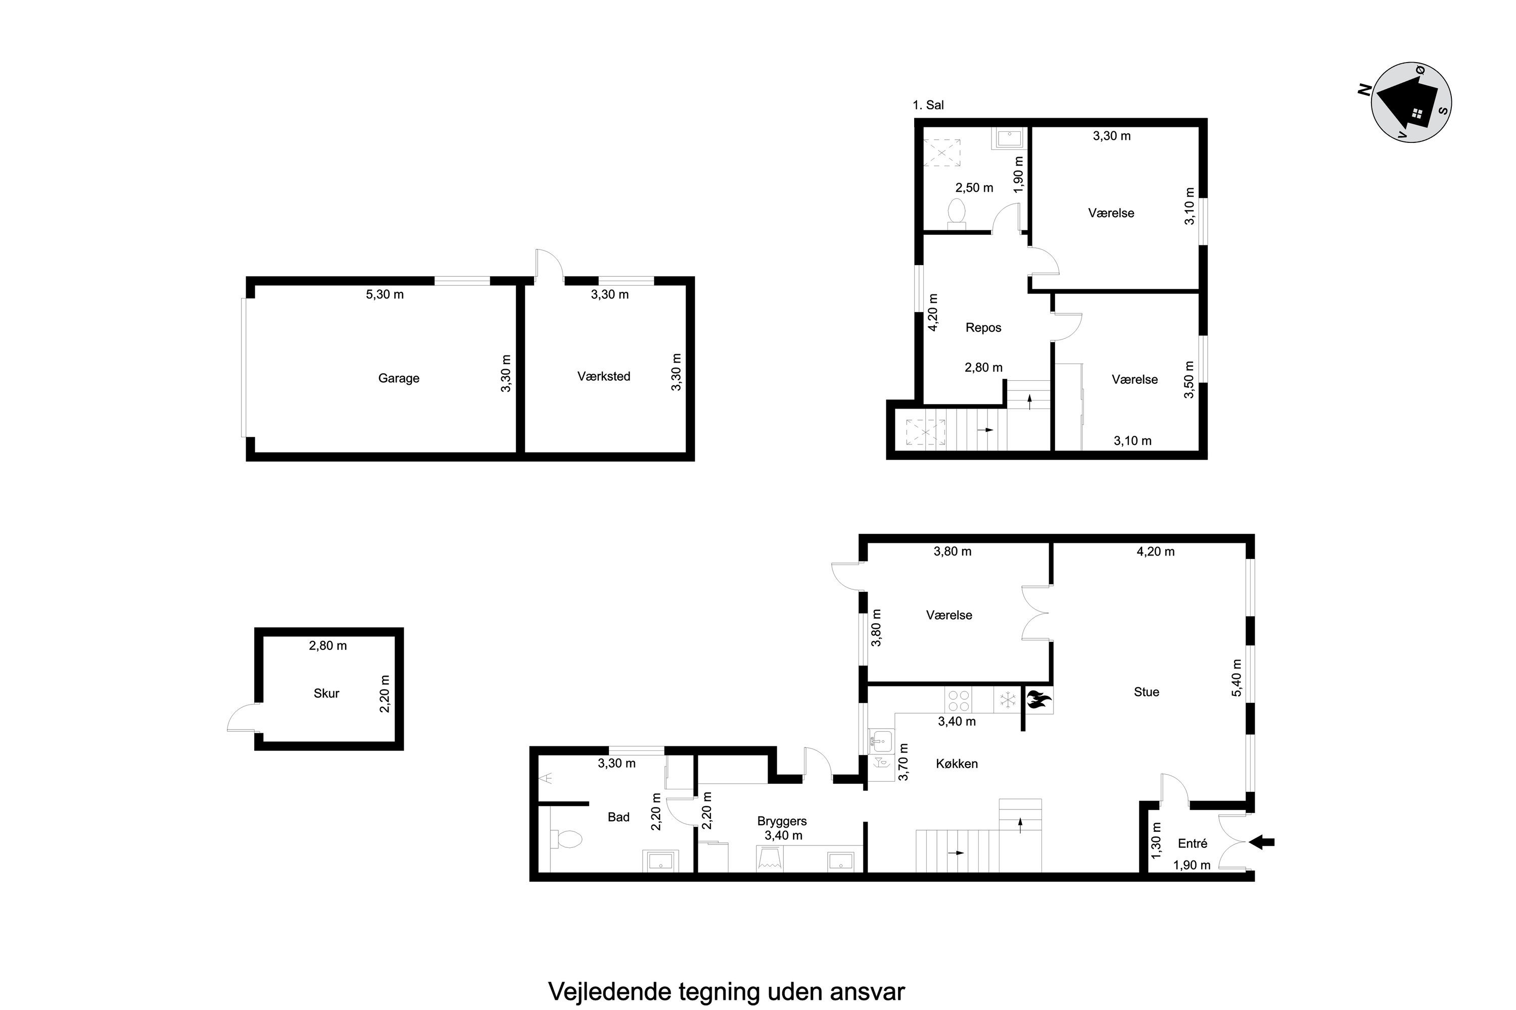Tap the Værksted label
click(603, 376)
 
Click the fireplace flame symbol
click(1037, 699)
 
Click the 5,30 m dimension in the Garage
click(385, 294)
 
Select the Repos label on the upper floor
click(983, 327)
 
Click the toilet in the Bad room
click(566, 839)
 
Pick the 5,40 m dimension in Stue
click(1236, 678)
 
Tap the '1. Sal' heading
click(928, 105)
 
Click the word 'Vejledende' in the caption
click(609, 991)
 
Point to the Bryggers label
click(782, 821)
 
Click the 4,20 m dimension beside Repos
click(933, 313)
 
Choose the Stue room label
click(1146, 692)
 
